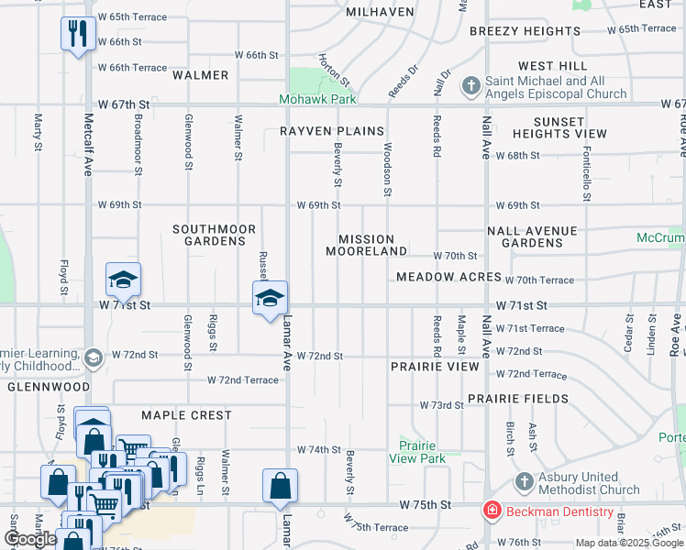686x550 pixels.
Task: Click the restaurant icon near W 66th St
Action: click(x=78, y=35)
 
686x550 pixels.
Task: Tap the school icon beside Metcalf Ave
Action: click(x=123, y=279)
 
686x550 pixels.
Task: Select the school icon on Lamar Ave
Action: click(x=270, y=298)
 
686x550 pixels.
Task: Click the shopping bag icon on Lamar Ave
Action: click(x=280, y=487)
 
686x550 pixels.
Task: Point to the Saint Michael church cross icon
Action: click(x=471, y=87)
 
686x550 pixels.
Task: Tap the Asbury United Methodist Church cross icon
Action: click(x=524, y=482)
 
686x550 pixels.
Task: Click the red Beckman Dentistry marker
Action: click(x=492, y=509)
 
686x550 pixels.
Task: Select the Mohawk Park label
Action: click(x=318, y=99)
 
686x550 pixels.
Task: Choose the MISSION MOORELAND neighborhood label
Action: click(x=367, y=245)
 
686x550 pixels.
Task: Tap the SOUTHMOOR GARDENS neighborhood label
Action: click(x=209, y=235)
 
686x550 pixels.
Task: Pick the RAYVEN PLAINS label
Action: click(x=332, y=131)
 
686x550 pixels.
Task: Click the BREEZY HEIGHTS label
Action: click(x=525, y=31)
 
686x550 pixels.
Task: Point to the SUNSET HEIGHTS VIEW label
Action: click(x=559, y=127)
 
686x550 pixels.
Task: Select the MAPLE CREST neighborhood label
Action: click(x=186, y=415)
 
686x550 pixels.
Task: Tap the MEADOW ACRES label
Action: click(x=448, y=277)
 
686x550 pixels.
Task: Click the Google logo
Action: click(x=31, y=539)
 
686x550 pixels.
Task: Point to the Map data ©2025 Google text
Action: click(x=628, y=543)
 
